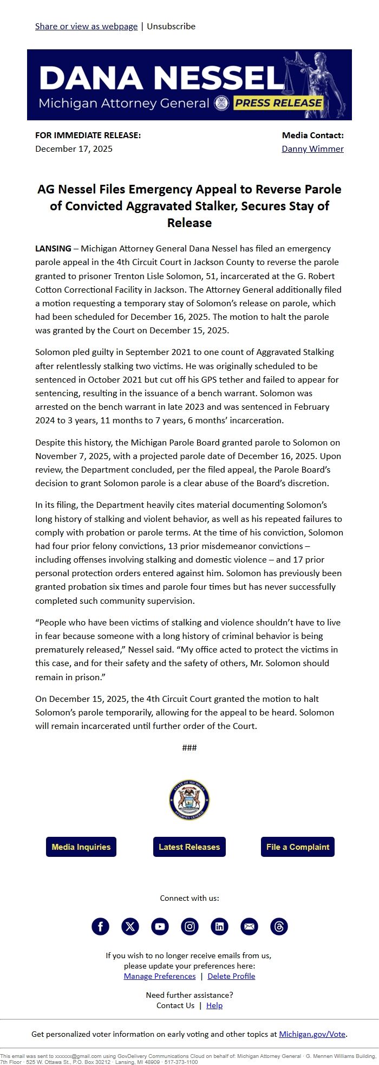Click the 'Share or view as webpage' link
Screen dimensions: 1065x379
click(86, 27)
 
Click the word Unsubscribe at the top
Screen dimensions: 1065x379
click(171, 27)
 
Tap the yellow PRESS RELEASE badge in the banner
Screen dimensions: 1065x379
click(278, 103)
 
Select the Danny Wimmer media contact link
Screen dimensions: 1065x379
click(312, 149)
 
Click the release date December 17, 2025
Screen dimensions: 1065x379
click(74, 149)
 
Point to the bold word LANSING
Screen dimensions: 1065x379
click(53, 249)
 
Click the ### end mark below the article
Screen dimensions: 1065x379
click(190, 748)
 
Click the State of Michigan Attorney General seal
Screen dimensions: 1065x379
click(190, 800)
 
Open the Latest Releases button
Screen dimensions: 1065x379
click(190, 847)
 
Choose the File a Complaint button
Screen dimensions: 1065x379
click(298, 847)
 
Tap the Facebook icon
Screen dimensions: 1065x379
click(100, 926)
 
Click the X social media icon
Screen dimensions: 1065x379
click(130, 926)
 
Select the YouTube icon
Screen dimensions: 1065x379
click(160, 926)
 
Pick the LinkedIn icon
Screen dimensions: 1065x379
click(219, 926)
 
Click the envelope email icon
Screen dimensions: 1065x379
click(249, 926)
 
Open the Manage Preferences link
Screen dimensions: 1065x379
click(160, 976)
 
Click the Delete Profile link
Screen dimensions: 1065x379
click(231, 976)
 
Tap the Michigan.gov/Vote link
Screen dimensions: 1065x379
click(312, 1034)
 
